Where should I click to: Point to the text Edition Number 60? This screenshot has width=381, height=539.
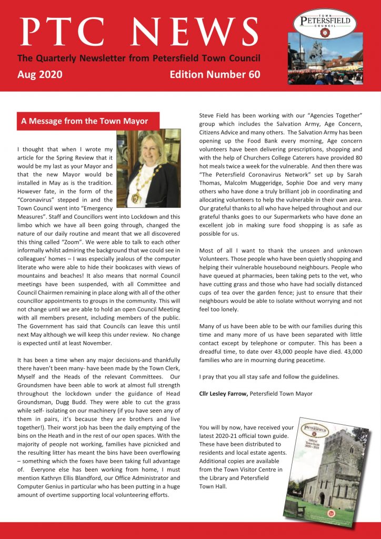pos(215,75)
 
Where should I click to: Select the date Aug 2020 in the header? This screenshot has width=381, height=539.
pos(40,75)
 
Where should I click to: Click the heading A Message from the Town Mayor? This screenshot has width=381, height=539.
pos(84,122)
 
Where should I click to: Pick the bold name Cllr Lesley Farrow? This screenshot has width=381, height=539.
pos(224,394)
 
